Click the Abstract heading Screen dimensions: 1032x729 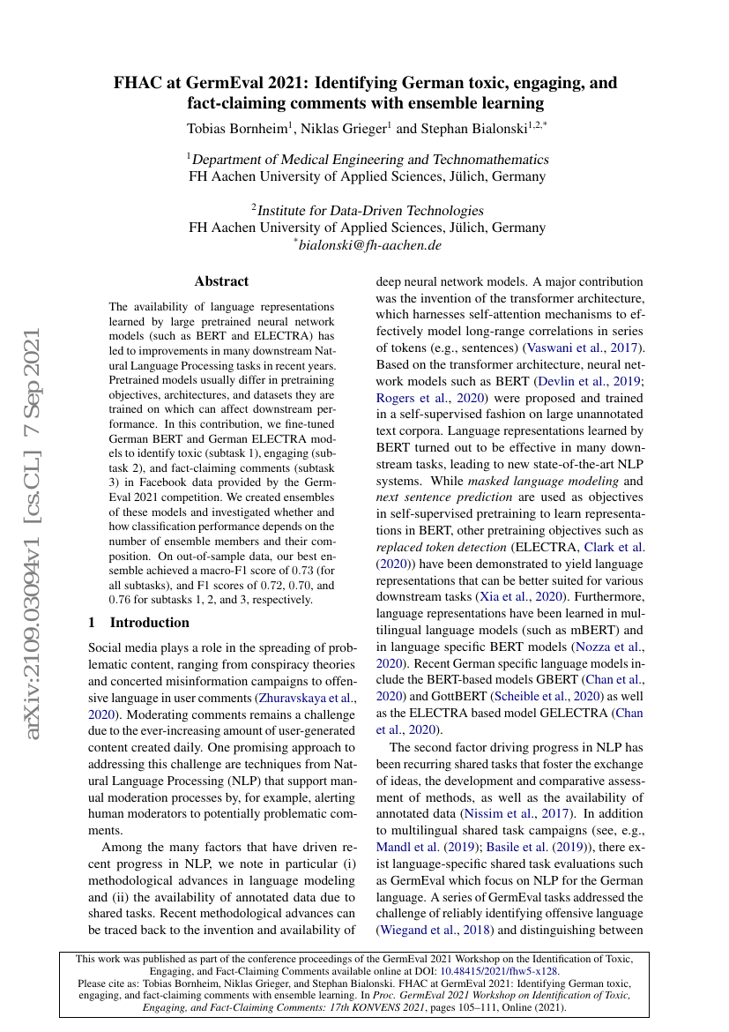(221, 281)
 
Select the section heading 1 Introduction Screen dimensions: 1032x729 (129, 622)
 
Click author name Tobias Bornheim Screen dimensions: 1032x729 (239, 128)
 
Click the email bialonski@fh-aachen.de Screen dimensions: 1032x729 (370, 244)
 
